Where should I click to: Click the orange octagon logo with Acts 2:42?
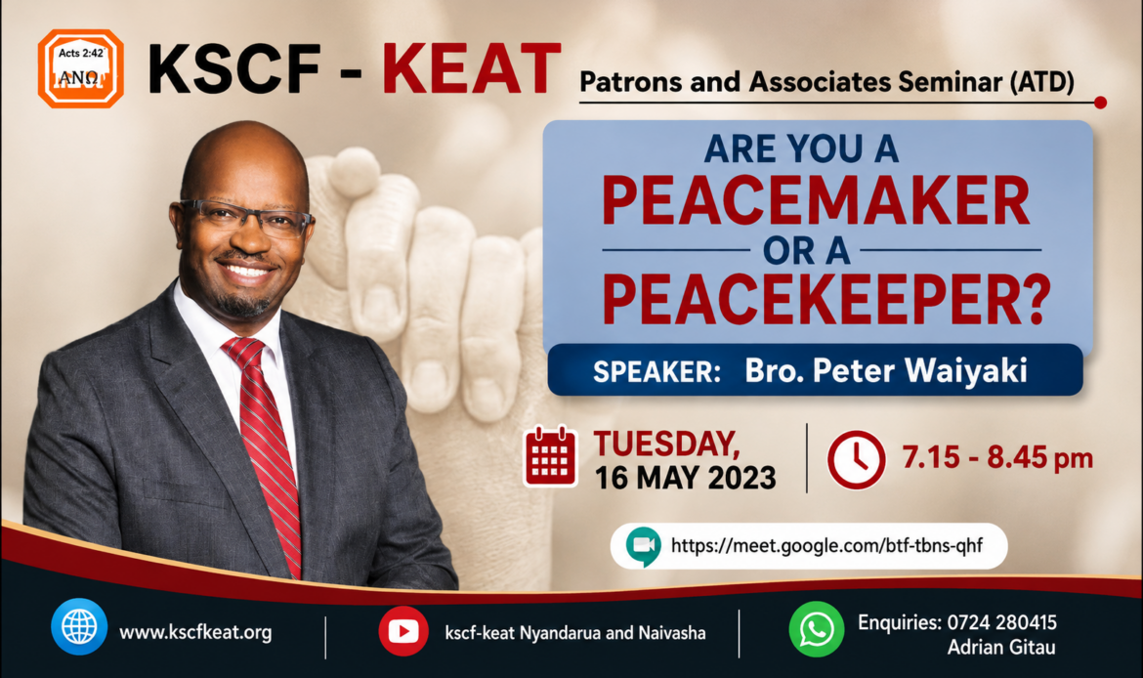[x=80, y=68]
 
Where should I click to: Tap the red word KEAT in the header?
[x=472, y=69]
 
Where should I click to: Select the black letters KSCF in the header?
[x=234, y=69]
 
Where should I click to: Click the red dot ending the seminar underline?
[x=1100, y=103]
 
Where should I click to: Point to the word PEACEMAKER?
[x=816, y=200]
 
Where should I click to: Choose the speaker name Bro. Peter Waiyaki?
[x=886, y=370]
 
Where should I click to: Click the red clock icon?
[x=856, y=459]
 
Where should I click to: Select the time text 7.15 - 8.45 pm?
[x=997, y=458]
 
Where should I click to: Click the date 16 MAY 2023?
[x=685, y=479]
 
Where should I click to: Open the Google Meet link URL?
[x=826, y=545]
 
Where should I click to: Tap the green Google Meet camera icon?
[x=643, y=546]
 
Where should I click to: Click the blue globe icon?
[x=79, y=626]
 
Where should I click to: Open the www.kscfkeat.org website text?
[x=195, y=632]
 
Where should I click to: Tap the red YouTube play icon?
[x=403, y=630]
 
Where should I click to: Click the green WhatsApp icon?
[x=817, y=629]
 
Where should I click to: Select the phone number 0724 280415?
[x=1001, y=622]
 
